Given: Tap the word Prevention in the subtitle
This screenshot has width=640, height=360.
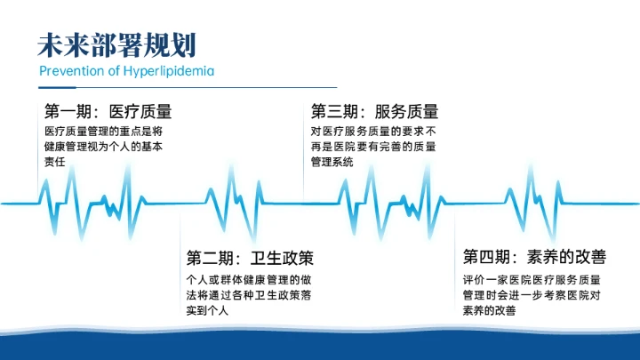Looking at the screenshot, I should point(73,70).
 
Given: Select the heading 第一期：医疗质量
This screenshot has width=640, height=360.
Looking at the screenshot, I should point(108,112).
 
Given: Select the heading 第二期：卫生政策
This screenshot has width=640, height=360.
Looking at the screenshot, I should point(250,258).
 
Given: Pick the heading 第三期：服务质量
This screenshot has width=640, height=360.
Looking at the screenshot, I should point(374,112).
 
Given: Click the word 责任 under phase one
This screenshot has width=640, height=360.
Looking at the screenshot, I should point(56,163).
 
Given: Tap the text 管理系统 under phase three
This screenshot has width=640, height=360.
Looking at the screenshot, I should point(332,163).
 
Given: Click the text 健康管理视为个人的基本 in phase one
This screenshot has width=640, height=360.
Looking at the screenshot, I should point(107,147).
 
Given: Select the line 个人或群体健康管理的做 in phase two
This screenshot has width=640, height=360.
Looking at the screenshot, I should point(250,278).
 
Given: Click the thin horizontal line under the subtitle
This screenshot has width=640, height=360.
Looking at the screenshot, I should point(188,87).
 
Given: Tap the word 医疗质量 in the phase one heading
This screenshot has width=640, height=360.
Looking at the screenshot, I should point(140,112).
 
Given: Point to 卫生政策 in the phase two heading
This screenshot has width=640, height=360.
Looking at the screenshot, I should point(282,258).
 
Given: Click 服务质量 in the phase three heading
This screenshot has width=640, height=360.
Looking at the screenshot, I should point(406,112).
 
